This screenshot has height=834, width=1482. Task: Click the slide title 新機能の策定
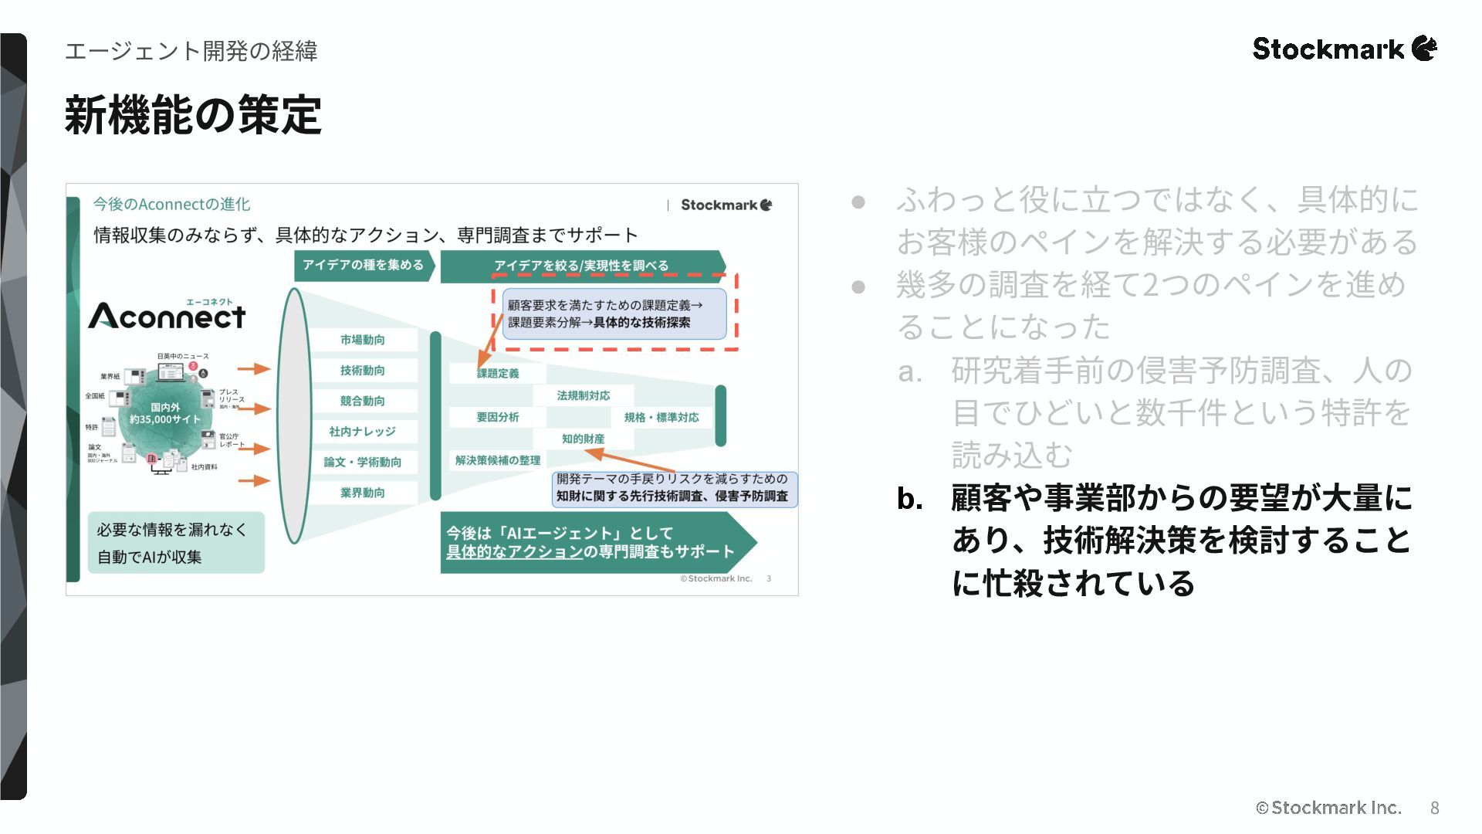tap(193, 116)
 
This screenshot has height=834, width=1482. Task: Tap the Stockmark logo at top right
tap(1344, 49)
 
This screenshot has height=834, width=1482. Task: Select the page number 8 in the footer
tap(1434, 808)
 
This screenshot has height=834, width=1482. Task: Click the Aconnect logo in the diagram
tap(167, 315)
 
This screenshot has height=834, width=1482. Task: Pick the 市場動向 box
tap(362, 340)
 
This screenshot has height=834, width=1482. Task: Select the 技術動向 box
tap(362, 371)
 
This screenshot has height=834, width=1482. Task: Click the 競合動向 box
tap(362, 401)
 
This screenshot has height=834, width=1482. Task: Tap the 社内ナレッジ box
tap(362, 432)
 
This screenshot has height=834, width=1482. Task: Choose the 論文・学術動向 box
tap(362, 462)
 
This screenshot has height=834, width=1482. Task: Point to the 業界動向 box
tap(362, 493)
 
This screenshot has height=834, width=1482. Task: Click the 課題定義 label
tap(498, 374)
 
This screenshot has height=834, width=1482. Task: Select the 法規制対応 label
tap(583, 395)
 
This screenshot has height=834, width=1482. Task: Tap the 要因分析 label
tap(498, 417)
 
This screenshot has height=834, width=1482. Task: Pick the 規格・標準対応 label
tap(661, 417)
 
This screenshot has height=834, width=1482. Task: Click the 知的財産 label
tap(583, 439)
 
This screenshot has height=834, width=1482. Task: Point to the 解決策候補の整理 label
tap(498, 460)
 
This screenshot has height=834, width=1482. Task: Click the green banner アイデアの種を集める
tap(362, 265)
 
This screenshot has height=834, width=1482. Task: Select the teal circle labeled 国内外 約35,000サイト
tap(164, 414)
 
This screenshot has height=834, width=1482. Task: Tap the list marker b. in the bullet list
tap(910, 499)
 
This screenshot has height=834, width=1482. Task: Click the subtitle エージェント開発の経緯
tap(191, 51)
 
